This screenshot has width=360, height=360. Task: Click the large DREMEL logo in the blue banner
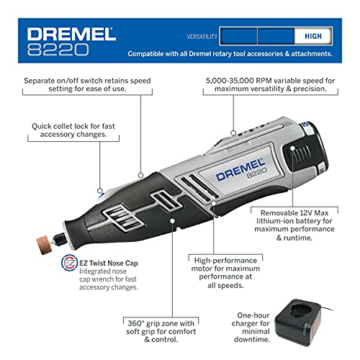click(71, 34)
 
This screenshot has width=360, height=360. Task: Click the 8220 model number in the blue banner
click(58, 50)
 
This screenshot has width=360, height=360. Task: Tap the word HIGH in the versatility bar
click(313, 36)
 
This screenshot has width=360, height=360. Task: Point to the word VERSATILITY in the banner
click(202, 37)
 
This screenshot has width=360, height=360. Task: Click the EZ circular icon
click(70, 263)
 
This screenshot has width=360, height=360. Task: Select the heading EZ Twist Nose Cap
click(109, 264)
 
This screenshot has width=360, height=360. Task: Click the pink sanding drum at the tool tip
click(44, 246)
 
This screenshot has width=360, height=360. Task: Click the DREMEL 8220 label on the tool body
click(241, 170)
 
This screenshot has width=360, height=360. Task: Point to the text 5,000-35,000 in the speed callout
click(230, 81)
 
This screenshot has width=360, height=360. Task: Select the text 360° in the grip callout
click(136, 323)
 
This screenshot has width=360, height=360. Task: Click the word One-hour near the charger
click(253, 315)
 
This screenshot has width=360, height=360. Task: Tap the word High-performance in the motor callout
click(225, 261)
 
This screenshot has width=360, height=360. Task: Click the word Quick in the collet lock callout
click(42, 126)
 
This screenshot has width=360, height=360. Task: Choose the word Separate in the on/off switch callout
click(39, 81)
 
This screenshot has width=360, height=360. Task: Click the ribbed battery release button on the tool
click(297, 153)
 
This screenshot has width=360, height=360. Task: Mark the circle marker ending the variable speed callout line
click(233, 132)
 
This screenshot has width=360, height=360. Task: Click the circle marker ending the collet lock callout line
click(100, 191)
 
